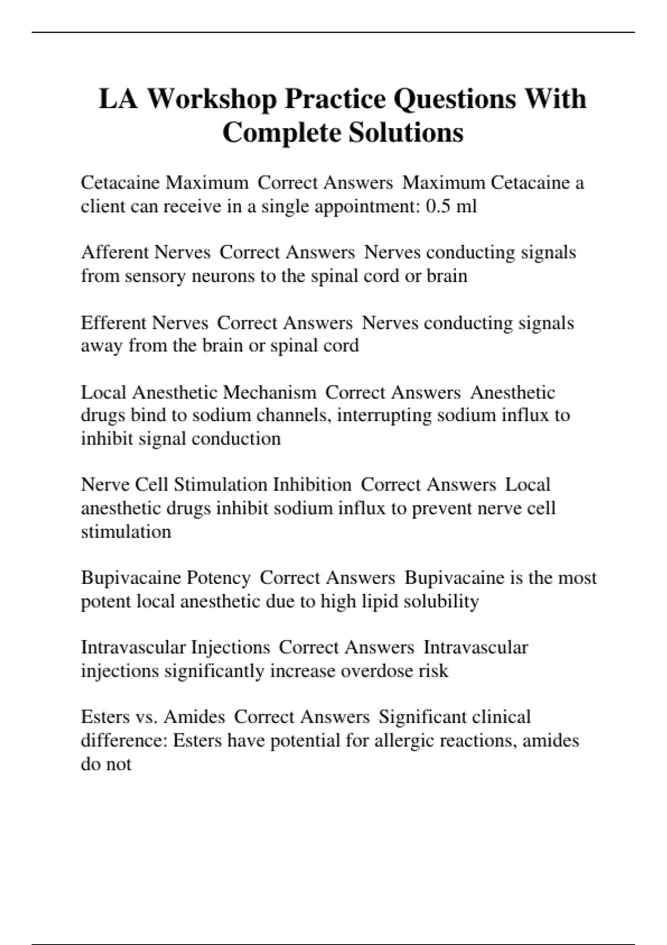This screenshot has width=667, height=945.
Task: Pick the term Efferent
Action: pos(114,323)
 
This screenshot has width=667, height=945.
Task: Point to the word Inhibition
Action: pos(311,485)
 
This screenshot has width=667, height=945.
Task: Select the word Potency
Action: pos(218,578)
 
